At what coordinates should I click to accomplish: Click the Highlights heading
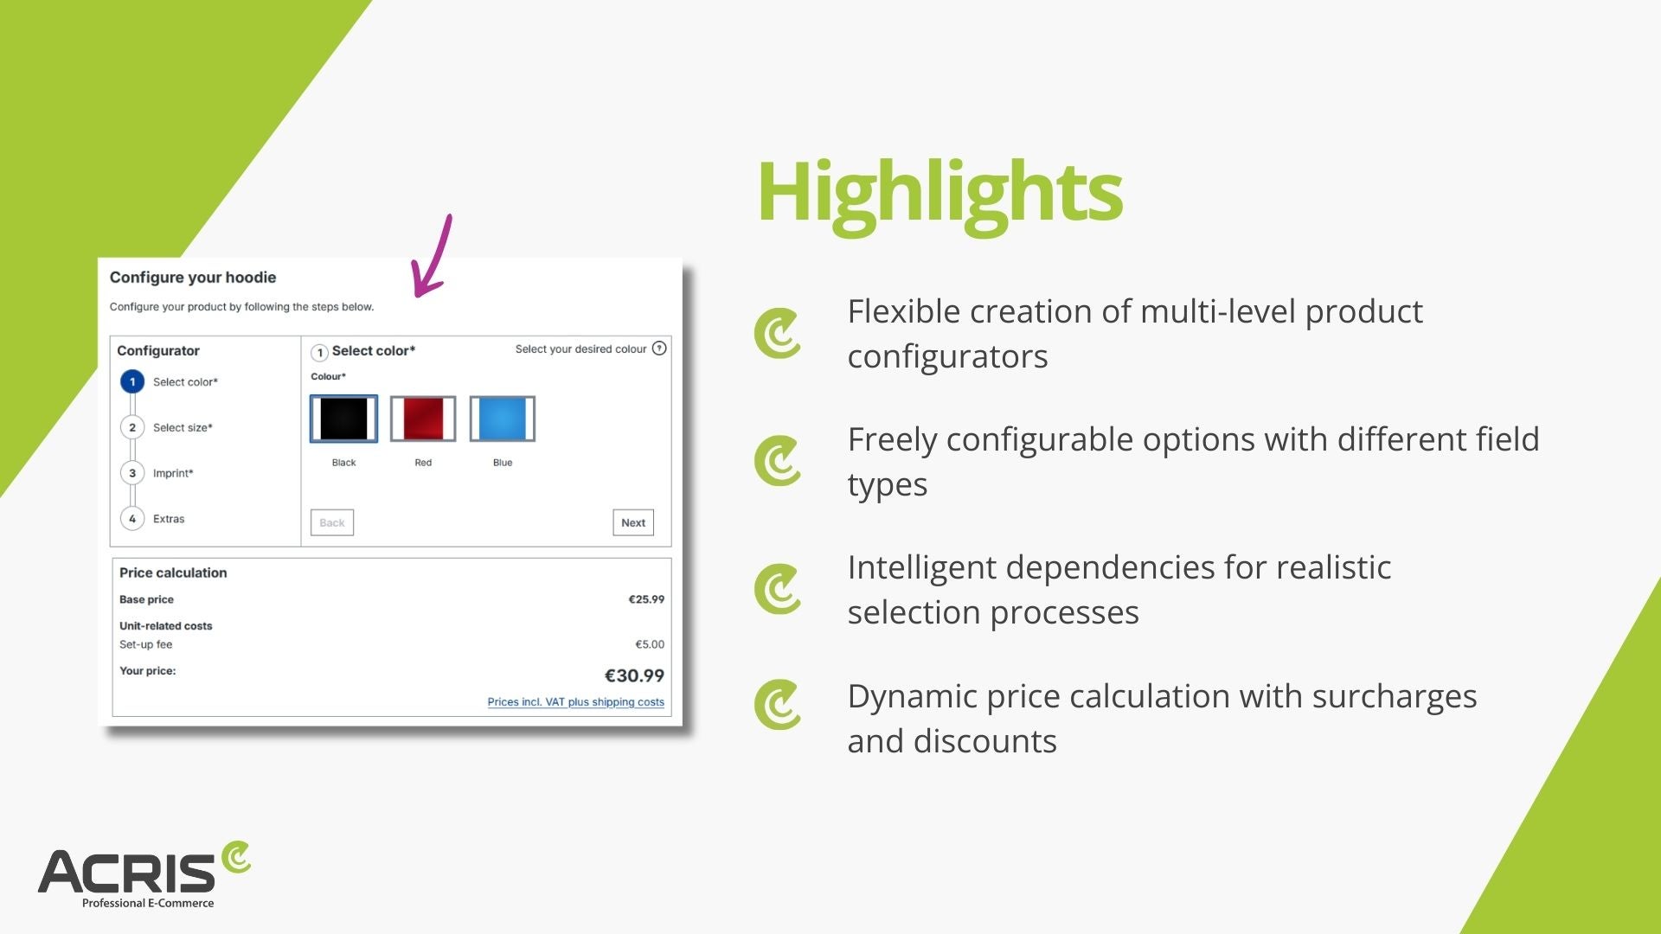pyautogui.click(x=940, y=194)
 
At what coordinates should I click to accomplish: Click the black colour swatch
pyautogui.click(x=343, y=419)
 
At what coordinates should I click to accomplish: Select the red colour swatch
pyautogui.click(x=423, y=419)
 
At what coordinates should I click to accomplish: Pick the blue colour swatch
pyautogui.click(x=503, y=419)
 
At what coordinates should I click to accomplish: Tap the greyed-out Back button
pyautogui.click(x=332, y=522)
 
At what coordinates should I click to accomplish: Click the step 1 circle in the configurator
pyautogui.click(x=132, y=381)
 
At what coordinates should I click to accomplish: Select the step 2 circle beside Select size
pyautogui.click(x=132, y=427)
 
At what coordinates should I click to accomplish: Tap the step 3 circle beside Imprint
pyautogui.click(x=132, y=473)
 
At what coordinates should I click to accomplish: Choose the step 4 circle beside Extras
pyautogui.click(x=132, y=519)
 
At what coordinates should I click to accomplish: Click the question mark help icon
pyautogui.click(x=659, y=349)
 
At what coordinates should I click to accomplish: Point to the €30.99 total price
pyautogui.click(x=634, y=675)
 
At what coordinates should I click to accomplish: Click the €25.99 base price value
pyautogui.click(x=646, y=599)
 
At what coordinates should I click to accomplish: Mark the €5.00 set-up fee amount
pyautogui.click(x=650, y=644)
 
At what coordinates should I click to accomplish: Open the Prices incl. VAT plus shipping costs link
pyautogui.click(x=576, y=702)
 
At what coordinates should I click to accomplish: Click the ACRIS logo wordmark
pyautogui.click(x=126, y=872)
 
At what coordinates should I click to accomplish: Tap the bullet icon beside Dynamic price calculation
pyautogui.click(x=778, y=705)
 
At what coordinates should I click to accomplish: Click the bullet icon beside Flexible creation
pyautogui.click(x=778, y=333)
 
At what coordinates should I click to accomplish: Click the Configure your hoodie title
pyautogui.click(x=193, y=278)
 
